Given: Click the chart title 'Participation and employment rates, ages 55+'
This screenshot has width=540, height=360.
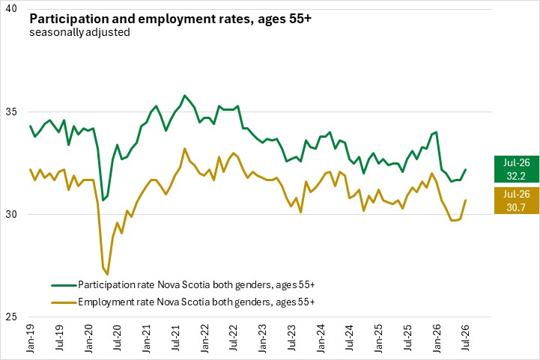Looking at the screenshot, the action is (170, 19).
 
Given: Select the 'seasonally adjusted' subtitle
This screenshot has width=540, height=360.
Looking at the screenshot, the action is (79, 32).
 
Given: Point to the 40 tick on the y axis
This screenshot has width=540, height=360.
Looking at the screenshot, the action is (11, 8).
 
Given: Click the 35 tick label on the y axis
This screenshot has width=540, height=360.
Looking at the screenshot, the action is (11, 112).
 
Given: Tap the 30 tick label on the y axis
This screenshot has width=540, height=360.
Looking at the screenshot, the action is (11, 214).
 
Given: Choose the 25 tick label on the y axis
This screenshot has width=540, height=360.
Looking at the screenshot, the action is (11, 317).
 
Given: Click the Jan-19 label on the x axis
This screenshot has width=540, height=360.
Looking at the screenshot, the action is (30, 338).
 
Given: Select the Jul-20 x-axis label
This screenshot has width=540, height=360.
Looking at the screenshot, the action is (118, 338).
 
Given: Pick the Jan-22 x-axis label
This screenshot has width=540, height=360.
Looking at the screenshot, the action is (204, 338).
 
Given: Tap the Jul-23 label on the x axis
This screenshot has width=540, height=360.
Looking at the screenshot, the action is (291, 338).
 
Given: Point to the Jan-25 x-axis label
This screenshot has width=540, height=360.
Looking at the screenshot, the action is (378, 338).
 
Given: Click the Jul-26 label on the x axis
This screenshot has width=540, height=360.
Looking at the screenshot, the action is (466, 338).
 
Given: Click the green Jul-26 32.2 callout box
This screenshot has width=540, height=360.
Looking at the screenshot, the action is (517, 169).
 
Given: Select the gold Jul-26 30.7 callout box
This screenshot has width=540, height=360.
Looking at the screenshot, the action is (517, 201).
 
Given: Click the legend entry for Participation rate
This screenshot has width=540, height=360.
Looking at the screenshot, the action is (183, 285).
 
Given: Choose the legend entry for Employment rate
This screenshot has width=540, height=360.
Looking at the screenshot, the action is (183, 302).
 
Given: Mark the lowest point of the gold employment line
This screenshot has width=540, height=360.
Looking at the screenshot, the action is (108, 274).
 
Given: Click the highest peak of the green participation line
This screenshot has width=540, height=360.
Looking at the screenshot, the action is (184, 95).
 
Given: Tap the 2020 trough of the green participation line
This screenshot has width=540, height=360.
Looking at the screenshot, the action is (103, 201).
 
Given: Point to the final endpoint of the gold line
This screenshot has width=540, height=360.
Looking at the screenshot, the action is (466, 200).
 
